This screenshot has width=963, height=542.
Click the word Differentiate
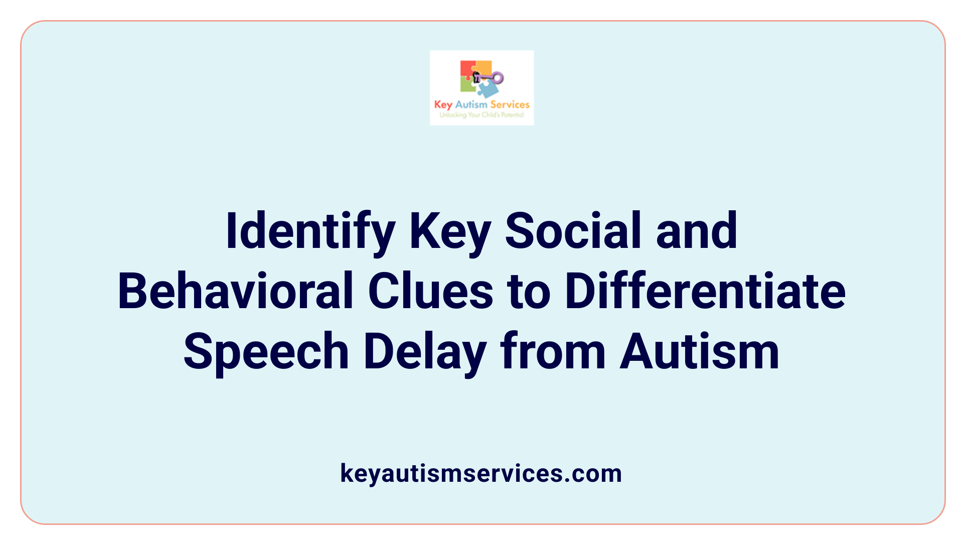click(x=705, y=292)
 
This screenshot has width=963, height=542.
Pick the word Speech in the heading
click(x=266, y=352)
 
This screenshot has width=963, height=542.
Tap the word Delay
click(x=425, y=352)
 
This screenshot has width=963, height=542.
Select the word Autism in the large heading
click(x=700, y=352)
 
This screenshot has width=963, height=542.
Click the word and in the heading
click(x=697, y=231)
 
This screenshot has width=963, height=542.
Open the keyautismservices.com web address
click(x=481, y=473)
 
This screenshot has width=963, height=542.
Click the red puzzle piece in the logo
click(x=467, y=69)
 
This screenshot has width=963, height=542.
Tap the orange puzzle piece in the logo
click(x=483, y=67)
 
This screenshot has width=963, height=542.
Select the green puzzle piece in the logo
click(x=467, y=85)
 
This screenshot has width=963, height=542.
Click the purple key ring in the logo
click(x=497, y=78)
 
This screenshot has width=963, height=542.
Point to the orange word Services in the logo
click(x=510, y=104)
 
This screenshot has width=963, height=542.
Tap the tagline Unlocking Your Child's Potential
click(x=481, y=115)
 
